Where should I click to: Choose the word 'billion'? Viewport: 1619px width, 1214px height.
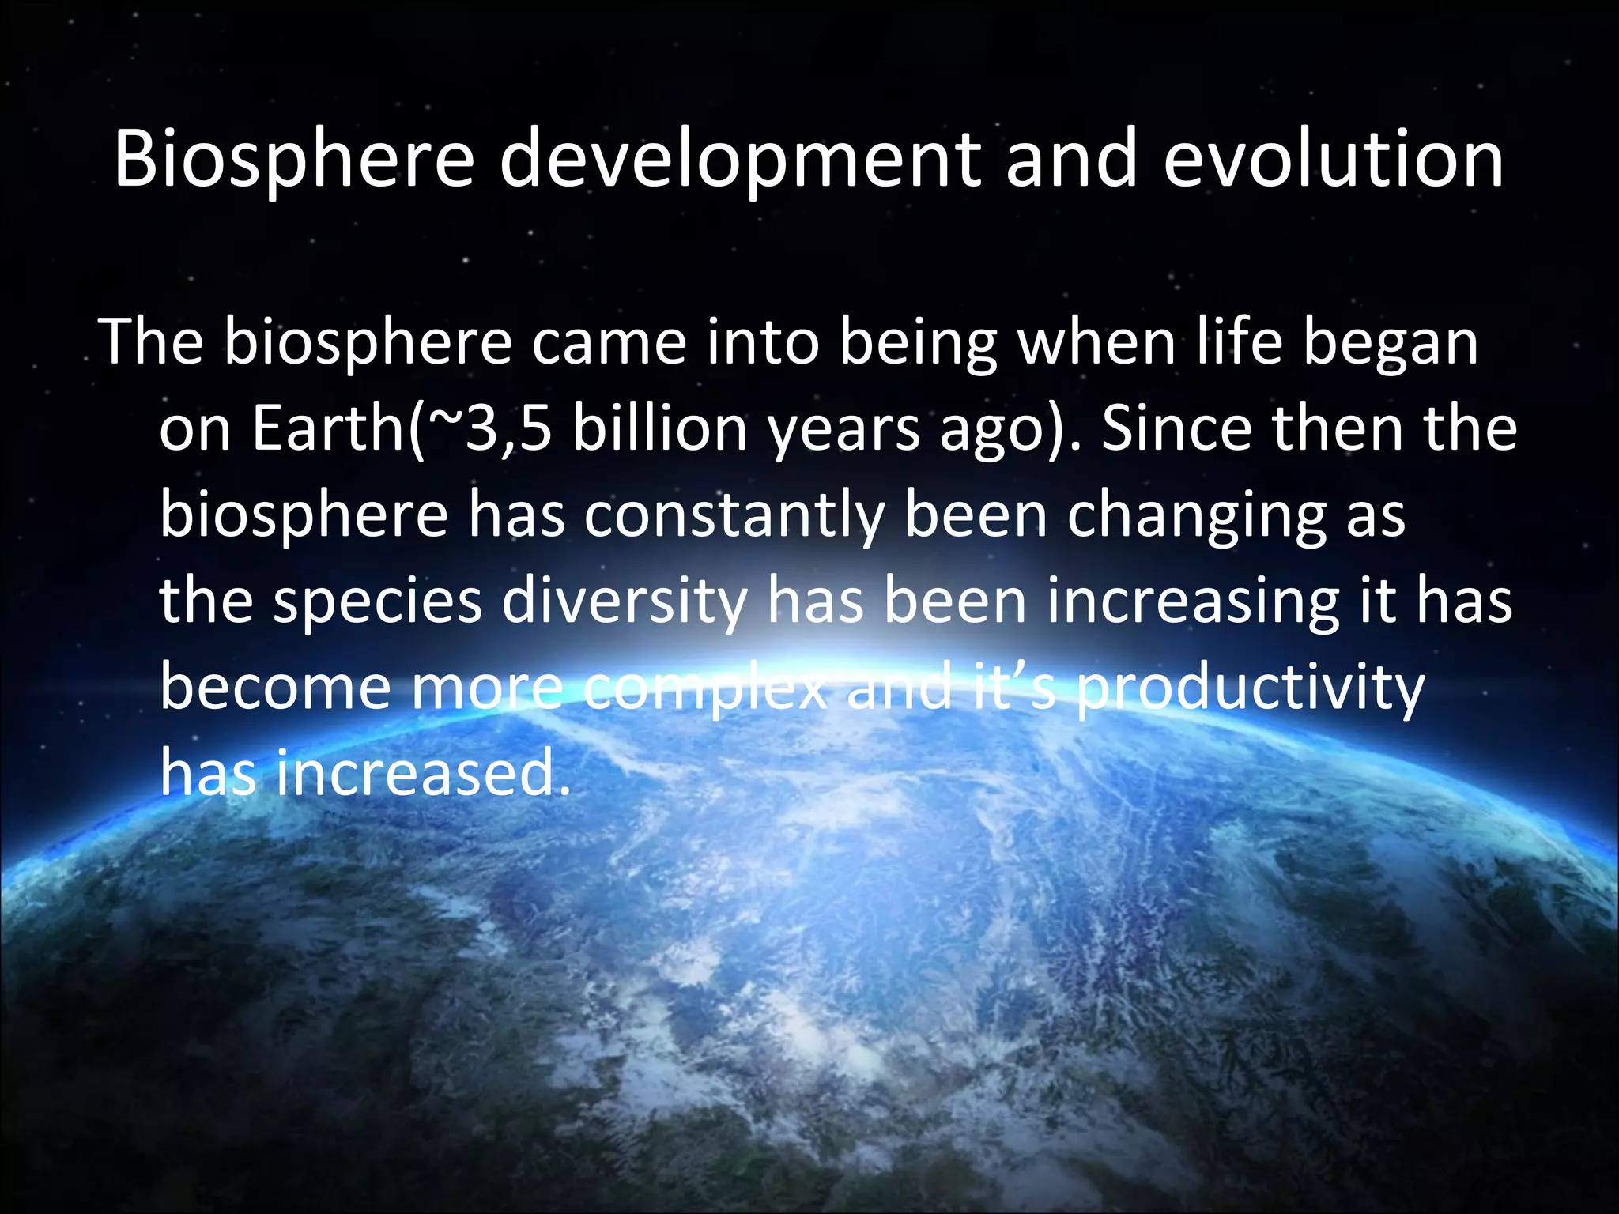click(660, 429)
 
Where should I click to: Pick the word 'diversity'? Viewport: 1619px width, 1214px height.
click(625, 601)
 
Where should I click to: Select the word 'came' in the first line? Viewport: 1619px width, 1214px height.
click(609, 342)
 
